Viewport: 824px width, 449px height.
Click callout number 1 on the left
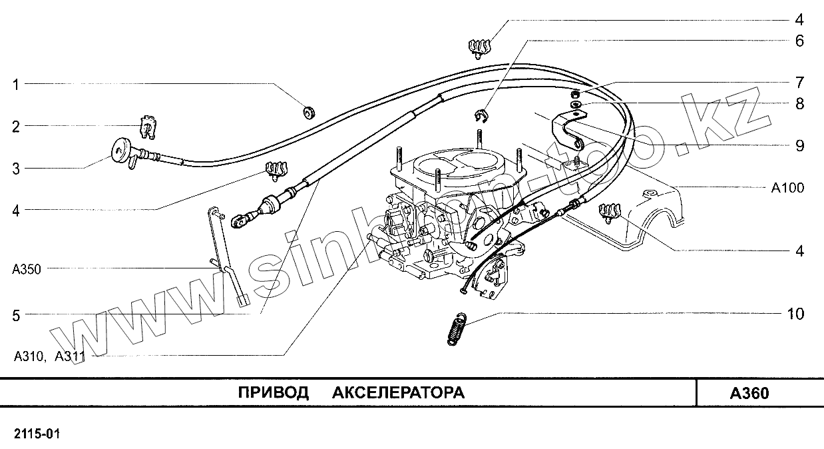[x=15, y=85]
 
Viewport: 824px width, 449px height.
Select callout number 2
[x=15, y=127]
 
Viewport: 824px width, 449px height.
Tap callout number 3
[x=15, y=169]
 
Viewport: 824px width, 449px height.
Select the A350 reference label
[x=27, y=270]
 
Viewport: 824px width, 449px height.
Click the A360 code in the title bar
[x=749, y=393]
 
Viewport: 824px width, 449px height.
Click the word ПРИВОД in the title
[x=274, y=392]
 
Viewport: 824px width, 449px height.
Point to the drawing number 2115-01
[x=37, y=434]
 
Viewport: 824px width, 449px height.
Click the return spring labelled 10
[x=455, y=328]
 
